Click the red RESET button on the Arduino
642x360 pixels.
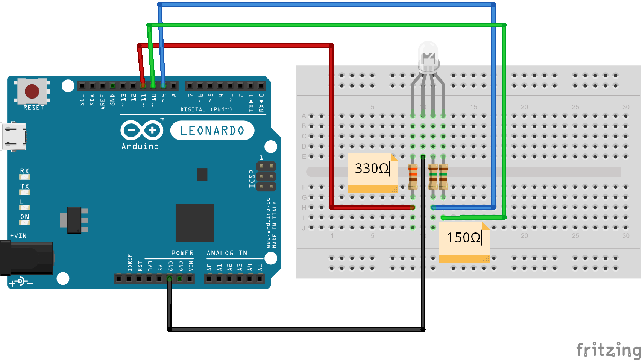point(32,91)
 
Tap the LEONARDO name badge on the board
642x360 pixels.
point(212,131)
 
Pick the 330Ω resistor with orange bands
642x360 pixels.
point(413,176)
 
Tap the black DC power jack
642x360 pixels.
point(26,258)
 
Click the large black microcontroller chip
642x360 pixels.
point(194,222)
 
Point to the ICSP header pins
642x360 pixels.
point(266,176)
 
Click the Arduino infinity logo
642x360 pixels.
point(142,131)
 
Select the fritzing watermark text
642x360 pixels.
point(608,349)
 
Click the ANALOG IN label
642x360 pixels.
point(227,253)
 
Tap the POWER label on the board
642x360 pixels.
point(182,253)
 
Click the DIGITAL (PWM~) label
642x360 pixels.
point(206,109)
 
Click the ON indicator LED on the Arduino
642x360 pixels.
point(24,222)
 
